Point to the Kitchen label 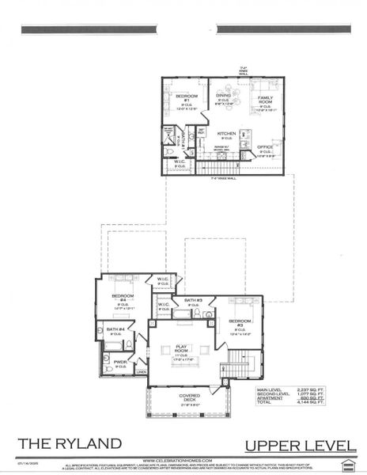[x=227, y=134]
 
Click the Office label [x=264, y=146]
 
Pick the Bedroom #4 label [x=123, y=299]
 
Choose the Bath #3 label [x=194, y=300]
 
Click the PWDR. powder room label [x=119, y=362]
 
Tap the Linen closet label [x=142, y=371]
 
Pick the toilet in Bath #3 [x=207, y=314]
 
